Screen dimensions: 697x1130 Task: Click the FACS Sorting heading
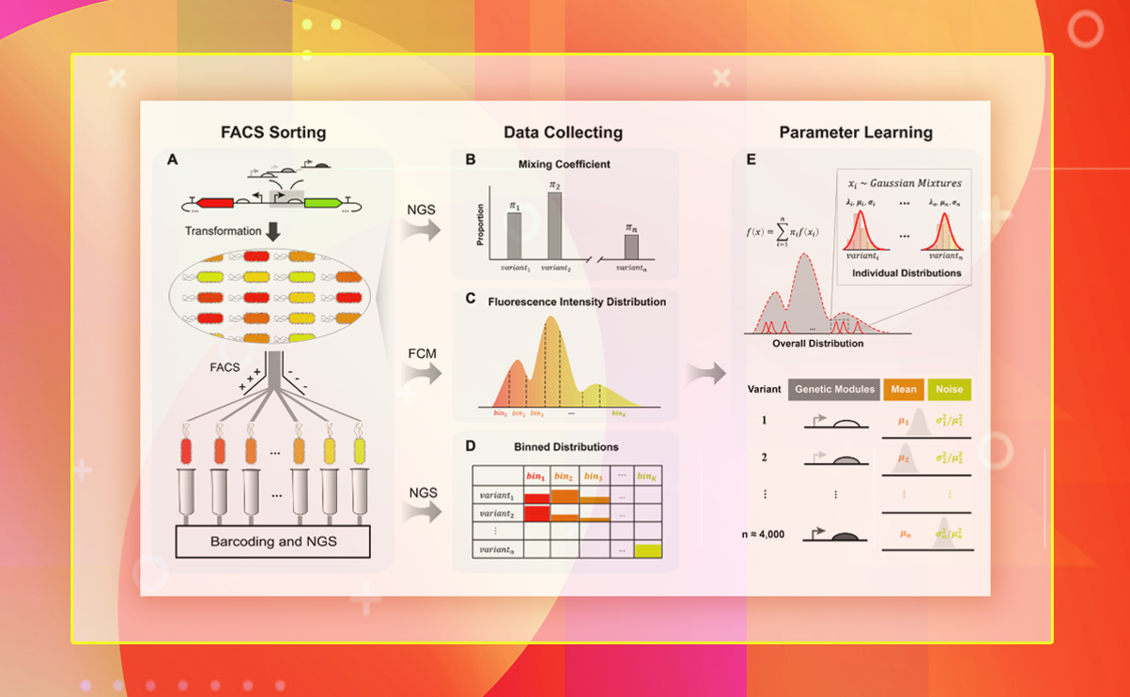click(273, 132)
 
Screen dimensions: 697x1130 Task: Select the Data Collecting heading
click(563, 132)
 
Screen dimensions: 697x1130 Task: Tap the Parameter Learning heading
click(856, 132)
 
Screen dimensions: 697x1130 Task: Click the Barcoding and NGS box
click(272, 541)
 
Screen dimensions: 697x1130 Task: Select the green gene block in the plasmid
click(322, 202)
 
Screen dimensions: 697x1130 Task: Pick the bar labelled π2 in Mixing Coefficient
click(554, 225)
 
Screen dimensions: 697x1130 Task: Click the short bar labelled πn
click(631, 246)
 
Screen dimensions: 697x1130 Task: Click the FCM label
click(421, 353)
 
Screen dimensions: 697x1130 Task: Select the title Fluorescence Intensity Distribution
click(577, 302)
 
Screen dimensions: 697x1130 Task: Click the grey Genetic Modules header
click(834, 389)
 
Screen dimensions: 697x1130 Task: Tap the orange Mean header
click(904, 389)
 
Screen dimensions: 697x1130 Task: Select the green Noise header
click(950, 389)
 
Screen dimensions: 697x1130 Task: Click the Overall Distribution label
click(817, 344)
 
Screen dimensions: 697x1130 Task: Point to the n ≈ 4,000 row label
click(764, 534)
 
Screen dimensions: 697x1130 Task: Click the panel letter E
click(751, 161)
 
